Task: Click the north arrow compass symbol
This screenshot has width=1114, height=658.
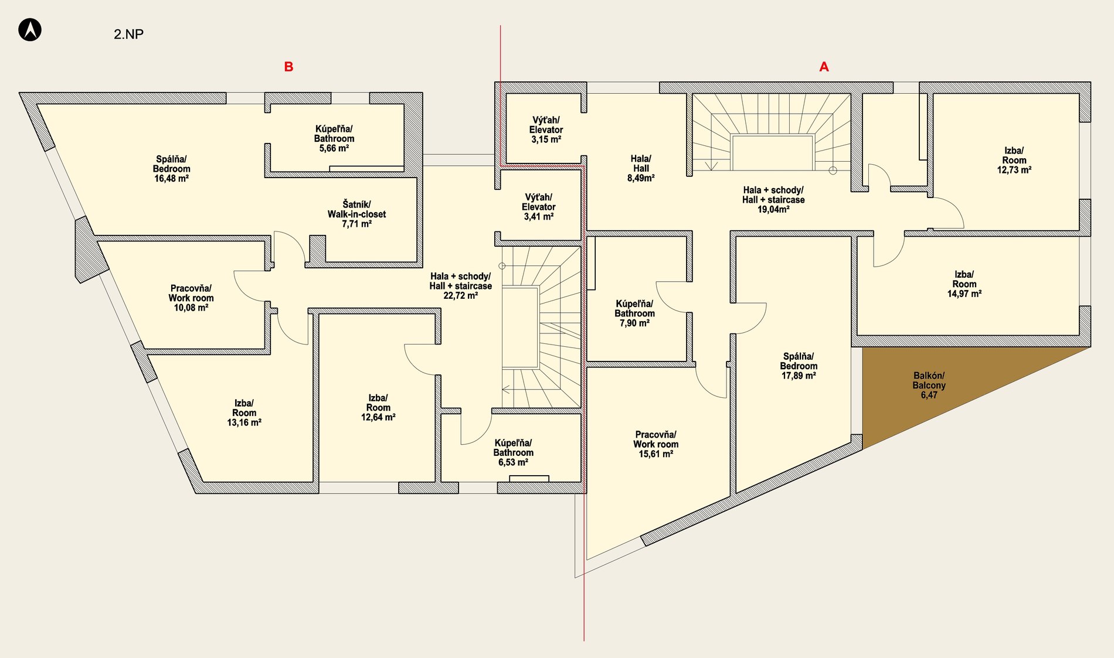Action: pos(30,29)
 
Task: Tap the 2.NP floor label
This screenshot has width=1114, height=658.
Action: pos(128,34)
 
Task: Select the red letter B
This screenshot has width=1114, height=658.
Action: pos(288,67)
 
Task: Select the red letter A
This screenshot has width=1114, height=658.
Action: pos(824,67)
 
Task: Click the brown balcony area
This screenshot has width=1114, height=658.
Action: pos(938,387)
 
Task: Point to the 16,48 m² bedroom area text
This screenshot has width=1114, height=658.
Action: pos(171,179)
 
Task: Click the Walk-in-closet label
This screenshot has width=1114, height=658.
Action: pos(356,214)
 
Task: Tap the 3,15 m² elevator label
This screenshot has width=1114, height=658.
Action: pos(546,130)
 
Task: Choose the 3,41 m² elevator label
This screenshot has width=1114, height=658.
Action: pos(538,207)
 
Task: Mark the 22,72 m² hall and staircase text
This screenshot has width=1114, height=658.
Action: pos(460,286)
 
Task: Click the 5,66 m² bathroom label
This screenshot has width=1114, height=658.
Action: pos(334,139)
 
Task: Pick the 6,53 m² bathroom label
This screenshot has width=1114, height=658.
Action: pos(513,453)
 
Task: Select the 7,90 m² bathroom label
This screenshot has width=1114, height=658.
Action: pos(634,313)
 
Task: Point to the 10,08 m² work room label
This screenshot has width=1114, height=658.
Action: pos(191,298)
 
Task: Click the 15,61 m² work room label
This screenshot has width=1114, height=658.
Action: pos(656,444)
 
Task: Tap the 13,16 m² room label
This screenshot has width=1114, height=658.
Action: pos(244,413)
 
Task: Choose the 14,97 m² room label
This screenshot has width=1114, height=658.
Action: pos(964,284)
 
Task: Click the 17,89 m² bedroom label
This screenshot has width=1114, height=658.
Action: pos(799,366)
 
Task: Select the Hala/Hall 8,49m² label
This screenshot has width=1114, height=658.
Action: pos(641,168)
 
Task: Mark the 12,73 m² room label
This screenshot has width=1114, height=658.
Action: pos(1014,161)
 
